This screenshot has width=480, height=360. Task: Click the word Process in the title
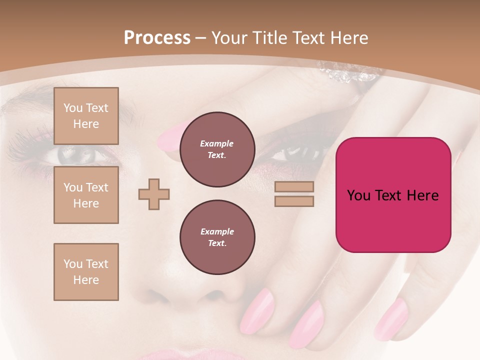point(157,38)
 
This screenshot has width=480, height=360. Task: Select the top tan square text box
point(86,116)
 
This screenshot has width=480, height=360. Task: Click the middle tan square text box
point(86,195)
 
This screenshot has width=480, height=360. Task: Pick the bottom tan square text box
point(86,272)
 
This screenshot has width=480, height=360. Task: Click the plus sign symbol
point(154,194)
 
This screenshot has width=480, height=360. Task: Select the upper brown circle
point(217,149)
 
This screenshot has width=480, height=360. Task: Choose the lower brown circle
point(217,237)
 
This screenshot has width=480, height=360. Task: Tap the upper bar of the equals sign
point(294,187)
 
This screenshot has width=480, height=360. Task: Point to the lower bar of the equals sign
point(294,201)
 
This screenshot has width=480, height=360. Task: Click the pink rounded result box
point(393,220)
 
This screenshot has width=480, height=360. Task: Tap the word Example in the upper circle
point(217,143)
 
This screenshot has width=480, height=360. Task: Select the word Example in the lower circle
point(217,231)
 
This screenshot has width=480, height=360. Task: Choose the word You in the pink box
point(358,195)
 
